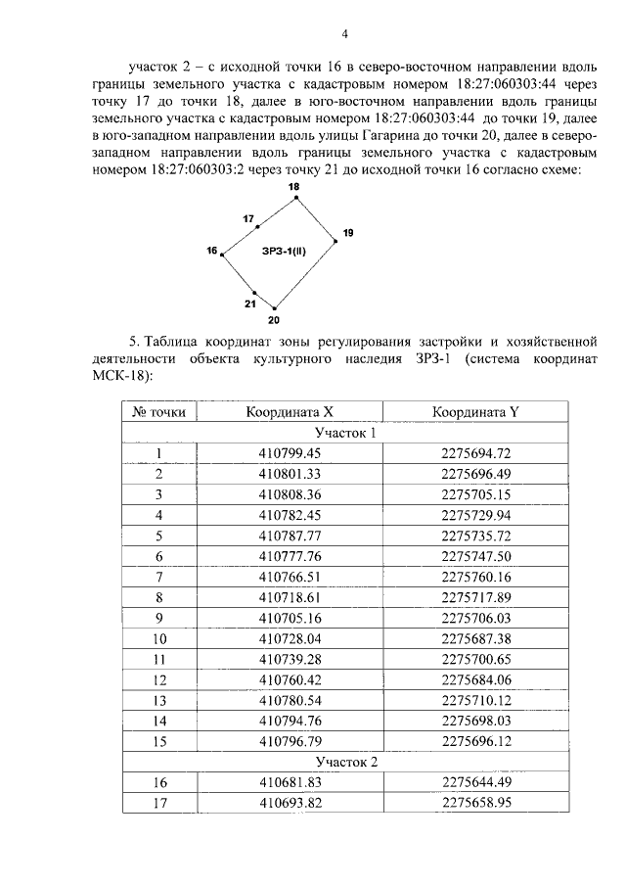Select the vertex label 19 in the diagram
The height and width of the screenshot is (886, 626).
click(x=348, y=232)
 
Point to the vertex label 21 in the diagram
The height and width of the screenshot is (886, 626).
click(x=250, y=303)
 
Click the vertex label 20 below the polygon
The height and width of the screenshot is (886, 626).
click(x=274, y=320)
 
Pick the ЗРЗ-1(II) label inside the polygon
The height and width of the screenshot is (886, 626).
click(x=284, y=252)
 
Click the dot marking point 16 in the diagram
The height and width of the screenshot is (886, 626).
click(x=223, y=255)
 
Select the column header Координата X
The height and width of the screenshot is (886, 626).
click(x=290, y=413)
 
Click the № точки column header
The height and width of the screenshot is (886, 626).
click(x=157, y=413)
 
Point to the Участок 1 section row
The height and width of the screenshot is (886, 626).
click(x=345, y=433)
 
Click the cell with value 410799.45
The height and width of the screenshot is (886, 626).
click(x=290, y=452)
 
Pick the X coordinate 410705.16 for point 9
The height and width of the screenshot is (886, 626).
click(x=290, y=617)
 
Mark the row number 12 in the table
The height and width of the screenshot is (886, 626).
click(x=157, y=678)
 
